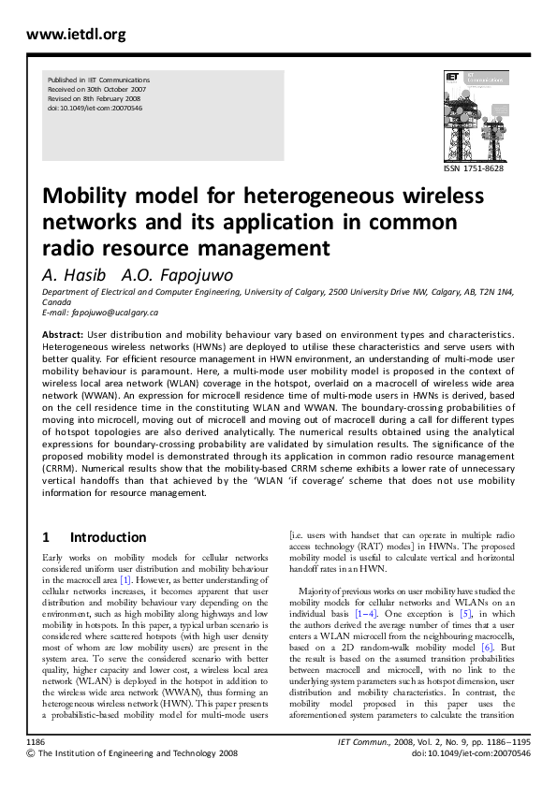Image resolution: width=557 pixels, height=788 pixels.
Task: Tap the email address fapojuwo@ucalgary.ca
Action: (x=116, y=312)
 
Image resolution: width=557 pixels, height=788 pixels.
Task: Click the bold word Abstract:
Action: (x=64, y=334)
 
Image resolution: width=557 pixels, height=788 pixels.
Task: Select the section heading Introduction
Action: (x=108, y=537)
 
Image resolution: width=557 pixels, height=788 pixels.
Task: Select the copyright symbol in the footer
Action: (x=31, y=752)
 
